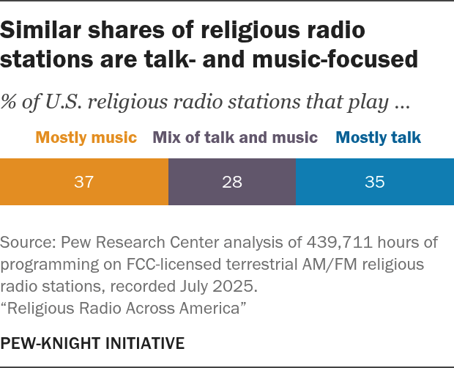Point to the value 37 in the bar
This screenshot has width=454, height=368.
(84, 182)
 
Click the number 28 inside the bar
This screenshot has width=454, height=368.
(232, 182)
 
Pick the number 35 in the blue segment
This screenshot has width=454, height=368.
(374, 182)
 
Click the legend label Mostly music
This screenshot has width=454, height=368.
(86, 137)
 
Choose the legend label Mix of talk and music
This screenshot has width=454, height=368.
(235, 137)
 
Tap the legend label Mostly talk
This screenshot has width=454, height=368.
(379, 137)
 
